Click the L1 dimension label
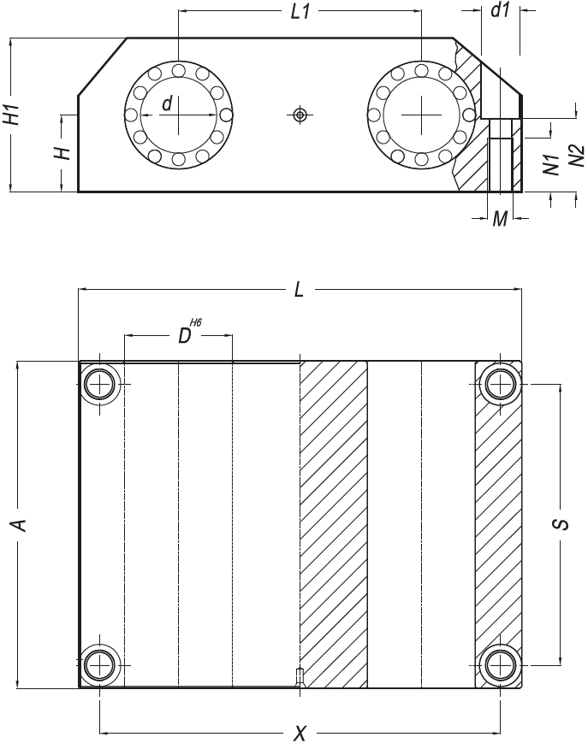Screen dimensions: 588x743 tap(300, 12)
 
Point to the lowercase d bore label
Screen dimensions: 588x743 tap(167, 103)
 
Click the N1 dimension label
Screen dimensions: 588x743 tap(551, 164)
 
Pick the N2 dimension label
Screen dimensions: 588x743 tap(577, 156)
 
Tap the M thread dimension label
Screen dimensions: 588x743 tap(501, 219)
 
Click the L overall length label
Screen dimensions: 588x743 tap(299, 290)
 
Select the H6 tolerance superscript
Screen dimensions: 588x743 tap(195, 322)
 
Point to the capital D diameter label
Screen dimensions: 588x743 tap(184, 336)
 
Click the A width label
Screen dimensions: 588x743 tap(19, 525)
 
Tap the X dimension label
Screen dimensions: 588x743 tap(300, 734)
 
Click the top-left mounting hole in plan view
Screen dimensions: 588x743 tap(99, 383)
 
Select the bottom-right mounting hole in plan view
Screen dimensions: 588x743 tap(500, 665)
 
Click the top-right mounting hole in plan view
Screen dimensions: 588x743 tap(500, 383)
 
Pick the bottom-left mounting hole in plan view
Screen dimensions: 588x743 tap(99, 665)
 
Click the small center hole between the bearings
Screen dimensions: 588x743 tap(300, 115)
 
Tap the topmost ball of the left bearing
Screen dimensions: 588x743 tap(178, 71)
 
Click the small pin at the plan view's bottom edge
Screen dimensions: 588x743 tap(300, 675)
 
